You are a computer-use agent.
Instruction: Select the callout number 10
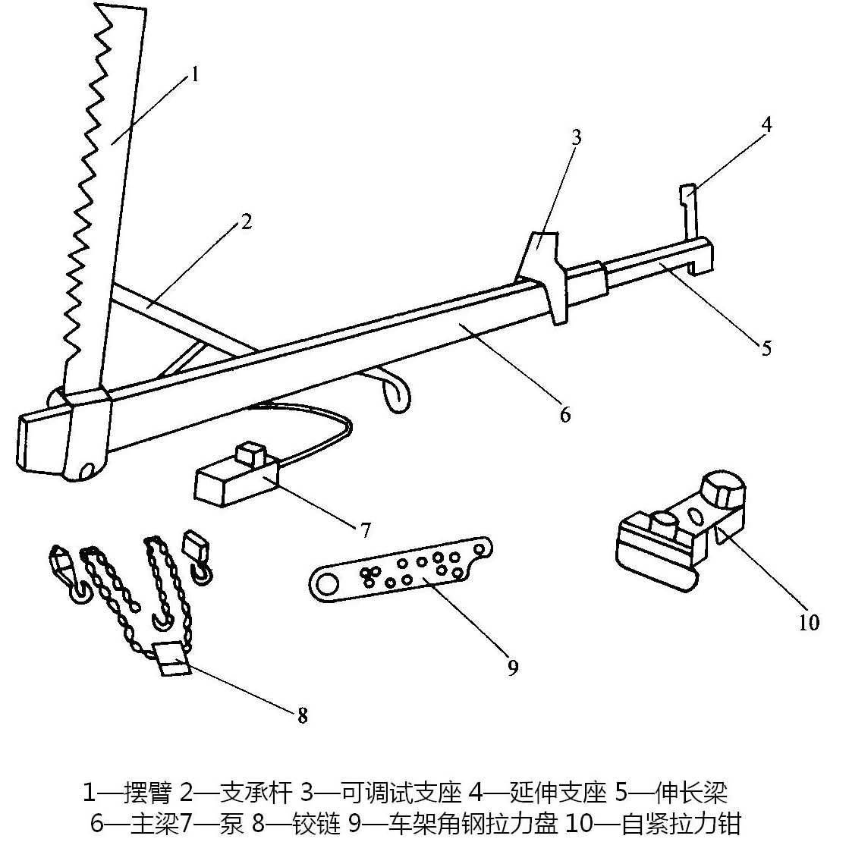pyautogui.click(x=809, y=623)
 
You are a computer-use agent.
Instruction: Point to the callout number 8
pyautogui.click(x=303, y=715)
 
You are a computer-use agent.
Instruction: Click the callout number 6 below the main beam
pyautogui.click(x=564, y=415)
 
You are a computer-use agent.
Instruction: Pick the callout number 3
pyautogui.click(x=576, y=137)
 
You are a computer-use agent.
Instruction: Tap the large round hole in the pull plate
pyautogui.click(x=327, y=585)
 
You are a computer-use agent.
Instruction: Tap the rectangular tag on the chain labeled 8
pyautogui.click(x=172, y=657)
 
